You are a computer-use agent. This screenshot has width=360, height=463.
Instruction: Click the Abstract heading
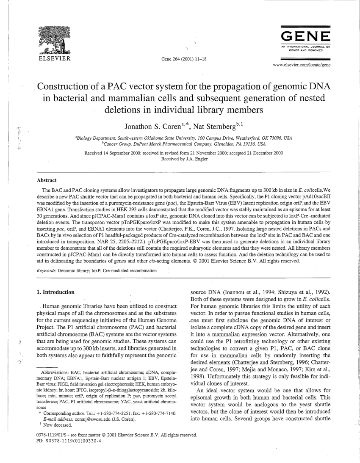(47, 180)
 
